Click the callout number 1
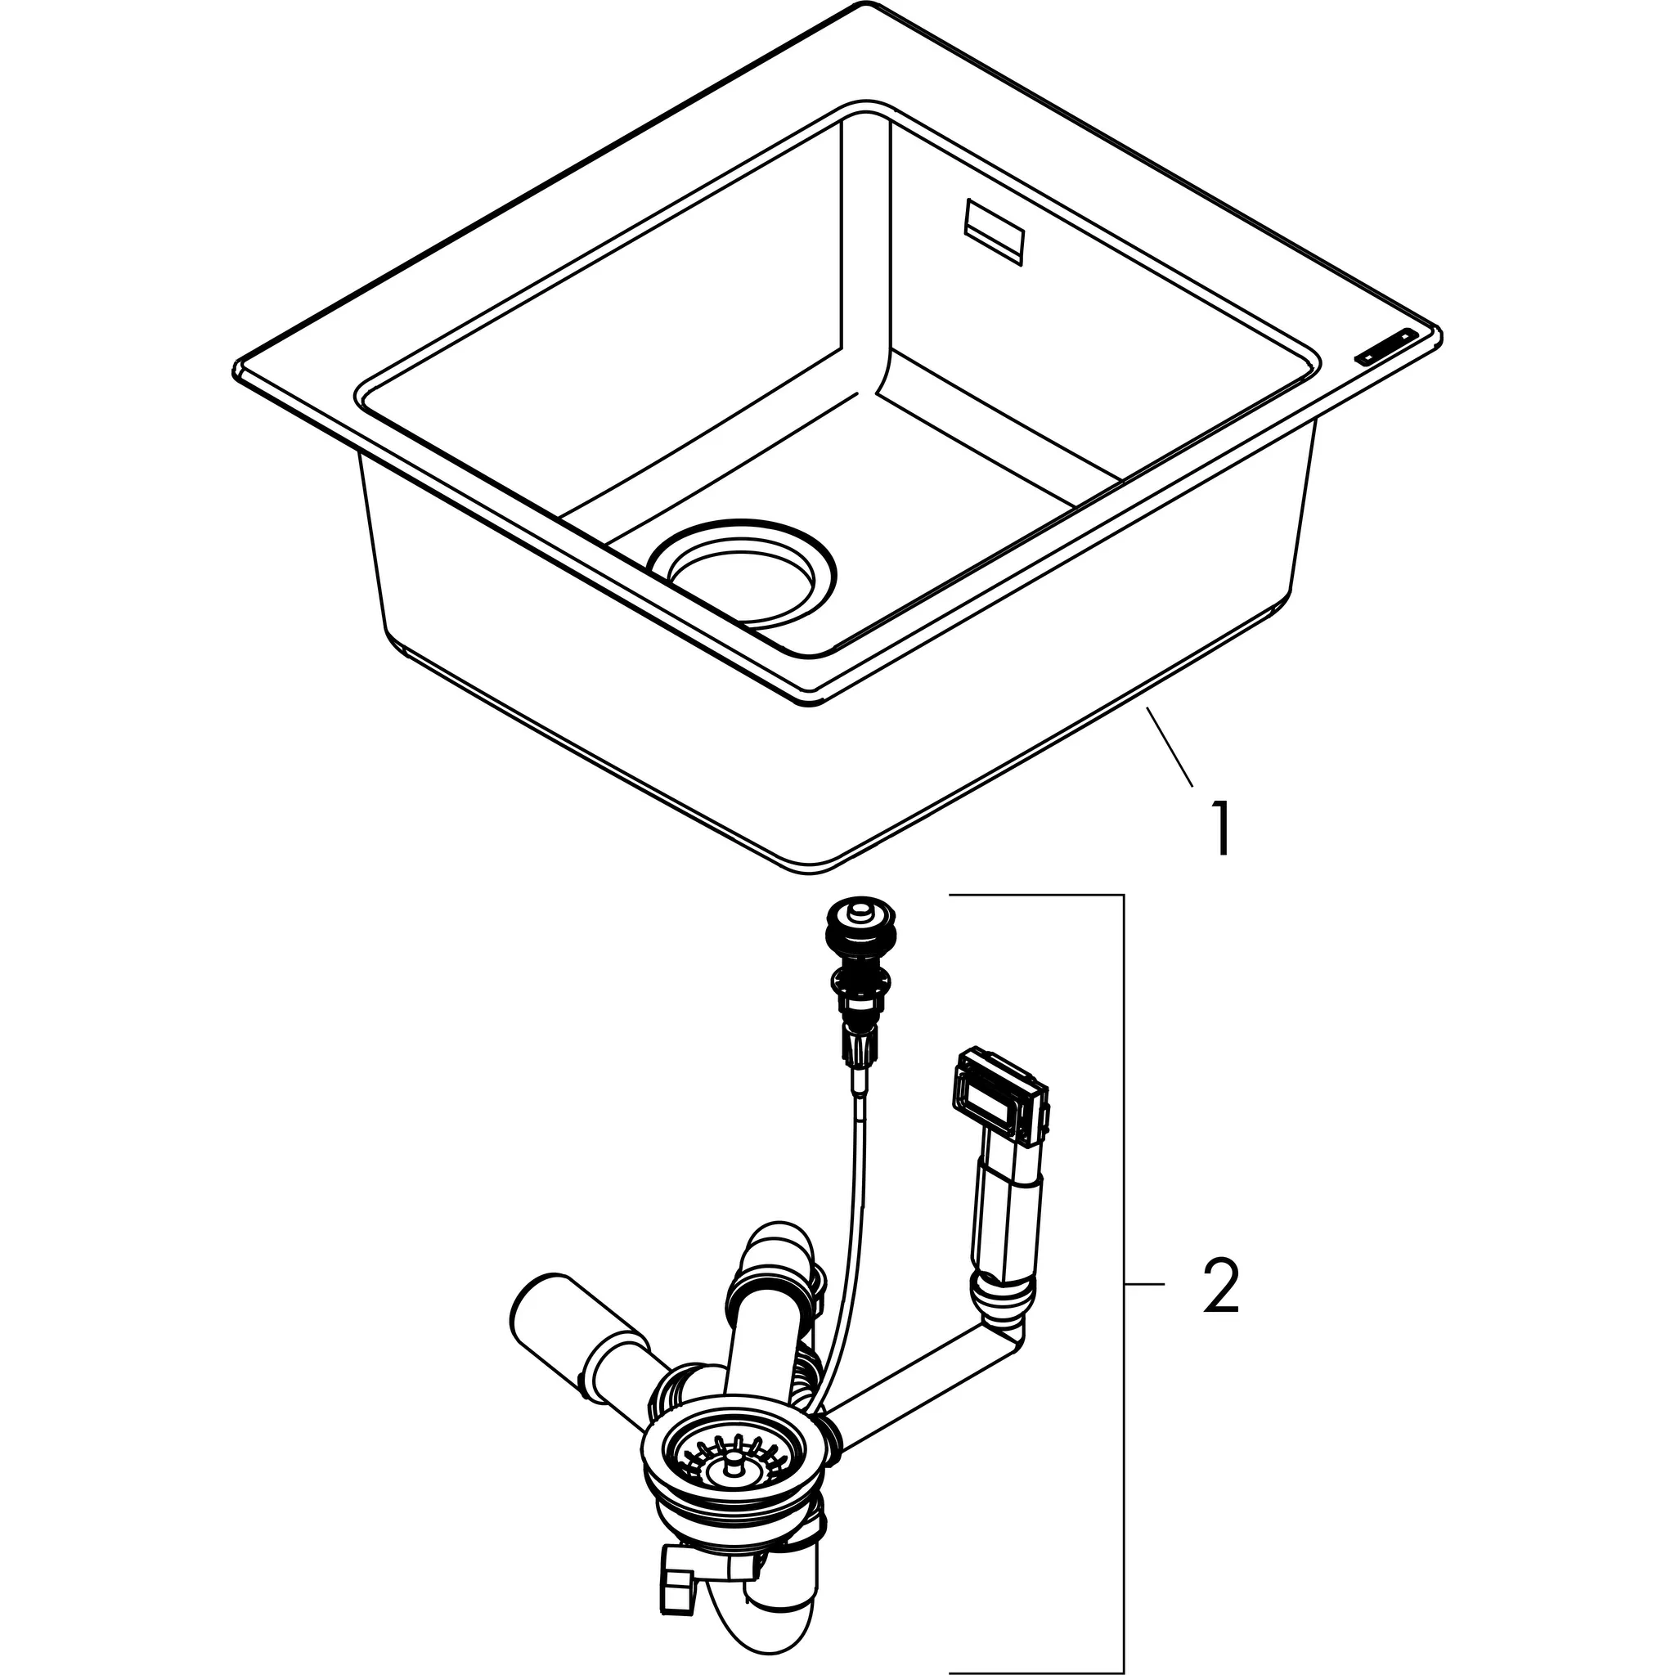click(1222, 829)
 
